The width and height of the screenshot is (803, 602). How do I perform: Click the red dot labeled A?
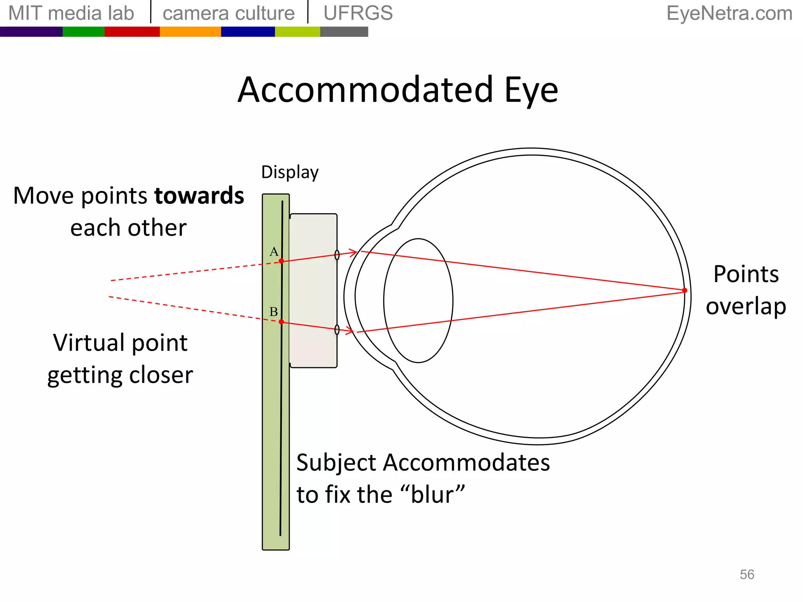click(x=281, y=261)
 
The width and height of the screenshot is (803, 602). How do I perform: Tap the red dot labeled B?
click(x=281, y=322)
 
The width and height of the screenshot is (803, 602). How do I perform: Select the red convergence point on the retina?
click(x=685, y=290)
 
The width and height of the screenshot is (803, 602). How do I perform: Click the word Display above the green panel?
click(x=290, y=172)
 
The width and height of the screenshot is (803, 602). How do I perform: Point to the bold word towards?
click(x=199, y=196)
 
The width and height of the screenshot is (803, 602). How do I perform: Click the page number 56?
click(x=747, y=575)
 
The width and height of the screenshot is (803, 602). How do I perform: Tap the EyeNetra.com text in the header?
click(x=729, y=13)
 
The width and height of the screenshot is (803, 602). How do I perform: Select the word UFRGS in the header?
click(x=358, y=13)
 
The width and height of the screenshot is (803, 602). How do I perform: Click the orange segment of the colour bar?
click(x=190, y=32)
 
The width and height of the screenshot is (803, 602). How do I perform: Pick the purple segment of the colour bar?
click(x=31, y=32)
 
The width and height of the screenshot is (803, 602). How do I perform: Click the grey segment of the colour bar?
click(x=344, y=32)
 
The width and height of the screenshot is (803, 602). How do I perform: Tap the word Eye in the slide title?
click(x=531, y=90)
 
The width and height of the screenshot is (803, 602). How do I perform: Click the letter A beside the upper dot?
click(x=274, y=252)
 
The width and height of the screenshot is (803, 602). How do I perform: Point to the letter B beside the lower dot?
click(x=274, y=312)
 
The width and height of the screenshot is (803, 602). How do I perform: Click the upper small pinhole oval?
click(x=337, y=255)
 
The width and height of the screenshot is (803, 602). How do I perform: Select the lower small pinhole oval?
click(x=337, y=330)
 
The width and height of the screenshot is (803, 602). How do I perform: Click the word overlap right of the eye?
click(x=746, y=306)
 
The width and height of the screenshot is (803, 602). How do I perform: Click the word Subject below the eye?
click(x=336, y=463)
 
